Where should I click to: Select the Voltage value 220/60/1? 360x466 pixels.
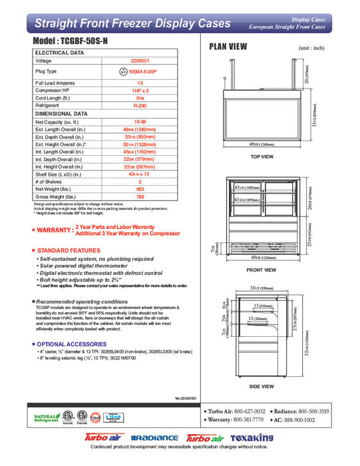[x=140, y=61]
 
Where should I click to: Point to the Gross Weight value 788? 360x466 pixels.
[x=140, y=196]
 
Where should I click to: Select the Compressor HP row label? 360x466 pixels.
[x=53, y=89]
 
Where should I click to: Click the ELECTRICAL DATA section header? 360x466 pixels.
[x=59, y=52]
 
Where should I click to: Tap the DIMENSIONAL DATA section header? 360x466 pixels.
[x=61, y=114]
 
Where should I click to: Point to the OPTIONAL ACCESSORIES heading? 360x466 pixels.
[x=73, y=344]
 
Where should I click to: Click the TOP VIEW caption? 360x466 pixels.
[x=262, y=156]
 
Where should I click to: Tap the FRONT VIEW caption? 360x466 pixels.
[x=262, y=270]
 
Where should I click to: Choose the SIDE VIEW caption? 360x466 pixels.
[x=262, y=385]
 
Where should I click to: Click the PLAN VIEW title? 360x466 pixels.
[x=228, y=47]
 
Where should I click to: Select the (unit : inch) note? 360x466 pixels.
[x=311, y=49]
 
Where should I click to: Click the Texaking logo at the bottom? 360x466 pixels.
[x=252, y=438]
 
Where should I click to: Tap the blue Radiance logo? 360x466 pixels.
[x=154, y=438]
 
